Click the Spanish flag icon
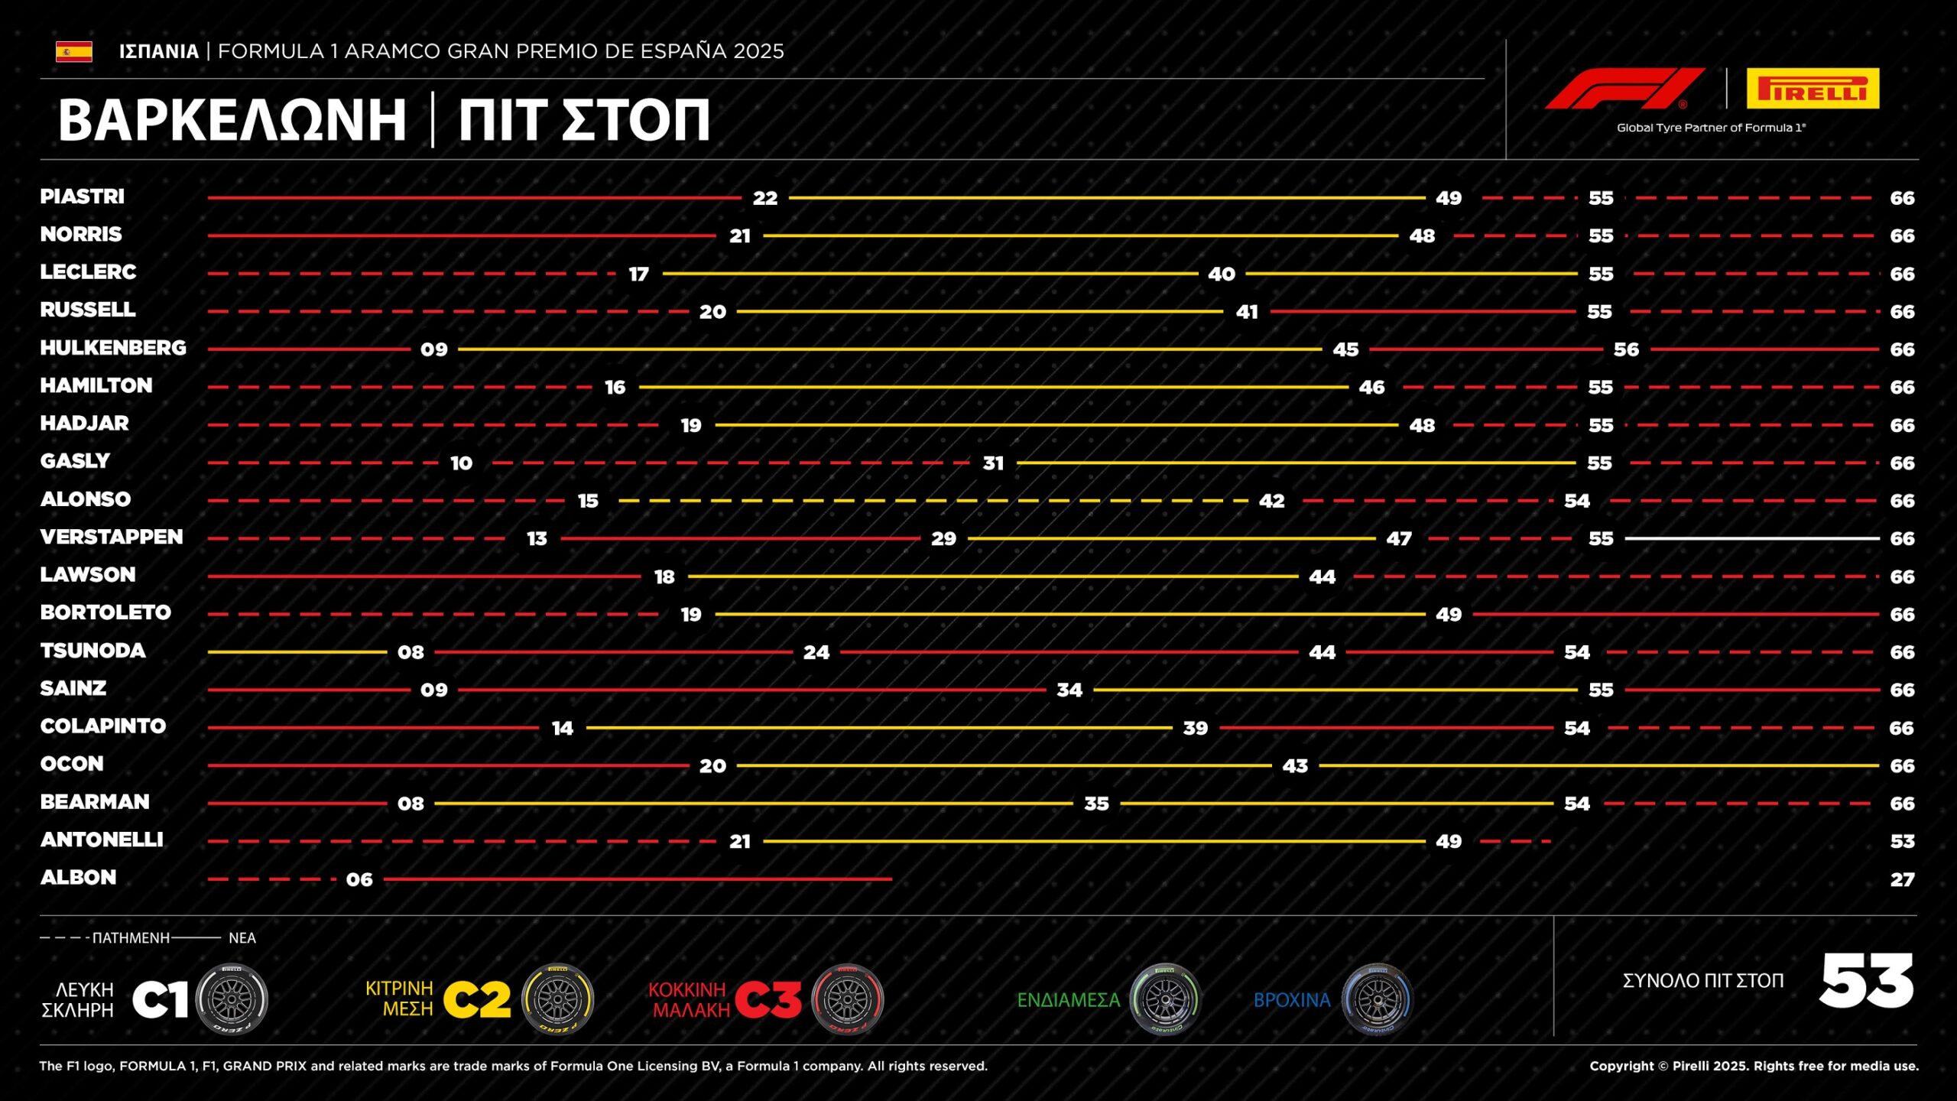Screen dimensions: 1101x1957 coord(74,51)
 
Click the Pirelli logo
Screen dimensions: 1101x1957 coord(1812,89)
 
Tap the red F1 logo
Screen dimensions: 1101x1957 coord(1624,89)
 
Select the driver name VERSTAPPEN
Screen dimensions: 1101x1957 coord(112,537)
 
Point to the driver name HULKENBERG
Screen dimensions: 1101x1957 coord(113,348)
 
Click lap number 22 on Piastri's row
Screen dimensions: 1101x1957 coord(764,198)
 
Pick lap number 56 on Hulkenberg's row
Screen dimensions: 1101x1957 coord(1626,349)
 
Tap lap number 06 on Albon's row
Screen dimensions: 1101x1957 coord(359,879)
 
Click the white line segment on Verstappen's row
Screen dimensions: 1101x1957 coord(1751,538)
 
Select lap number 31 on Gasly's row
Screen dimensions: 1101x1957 coord(993,463)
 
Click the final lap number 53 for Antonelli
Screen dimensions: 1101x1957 coord(1902,842)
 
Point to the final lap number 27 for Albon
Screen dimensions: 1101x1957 coord(1902,879)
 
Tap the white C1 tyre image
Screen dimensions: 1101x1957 coord(232,999)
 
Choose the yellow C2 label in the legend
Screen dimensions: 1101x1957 coord(476,999)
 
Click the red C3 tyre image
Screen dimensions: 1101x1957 coord(847,999)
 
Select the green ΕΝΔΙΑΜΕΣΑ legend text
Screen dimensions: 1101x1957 coord(1068,1000)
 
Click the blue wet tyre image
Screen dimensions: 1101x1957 coord(1378,999)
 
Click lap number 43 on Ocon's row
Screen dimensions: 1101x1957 coord(1295,766)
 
